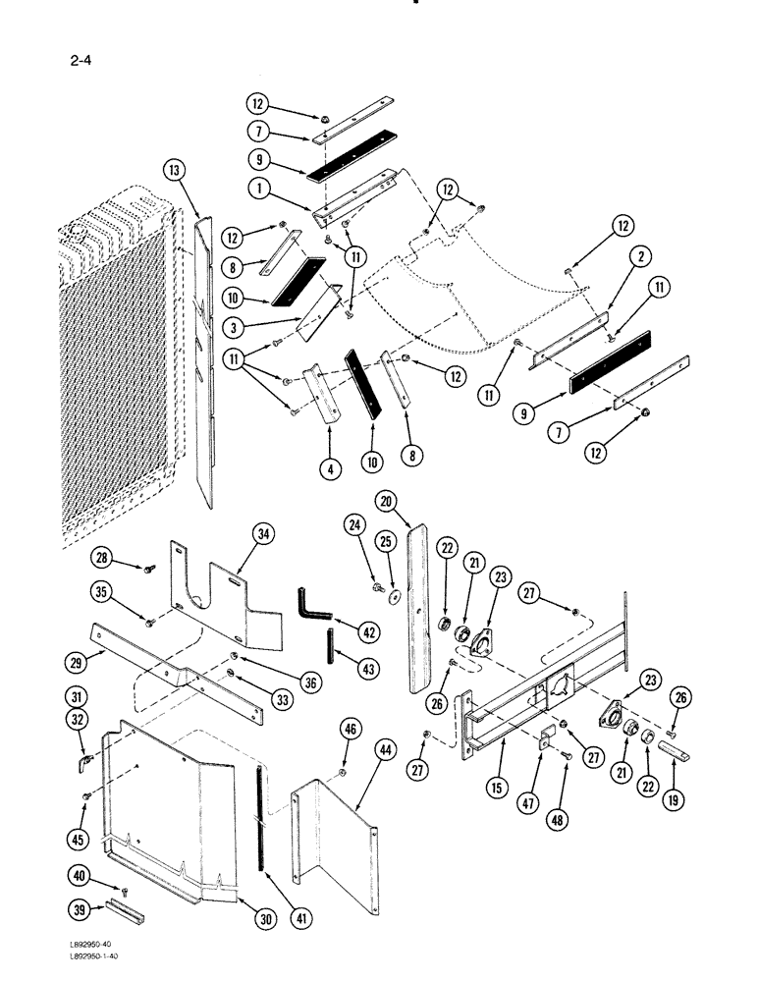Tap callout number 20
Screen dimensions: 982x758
pos(388,501)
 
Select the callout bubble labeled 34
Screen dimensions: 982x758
pos(263,534)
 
